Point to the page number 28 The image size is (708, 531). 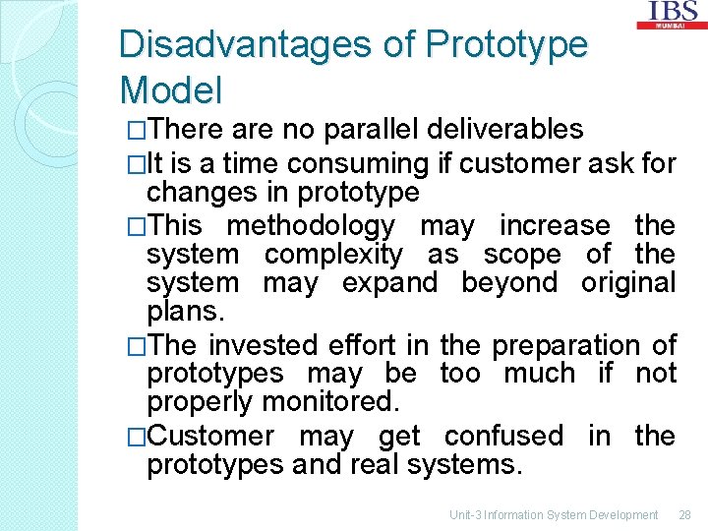(685, 514)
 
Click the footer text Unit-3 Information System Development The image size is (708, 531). (554, 514)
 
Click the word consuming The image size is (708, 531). (368, 163)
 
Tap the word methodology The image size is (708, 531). (310, 225)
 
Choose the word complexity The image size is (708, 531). (333, 255)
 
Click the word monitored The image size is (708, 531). (339, 402)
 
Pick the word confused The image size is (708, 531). (503, 436)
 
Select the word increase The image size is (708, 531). (555, 225)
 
